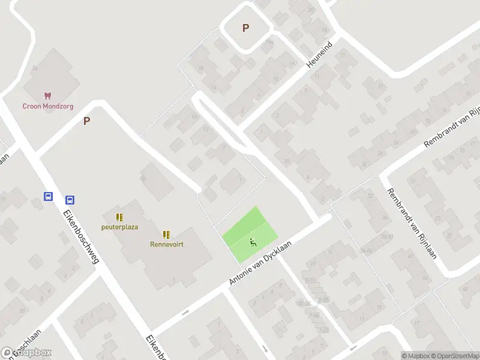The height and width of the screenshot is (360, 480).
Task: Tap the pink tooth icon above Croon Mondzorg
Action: pos(47,95)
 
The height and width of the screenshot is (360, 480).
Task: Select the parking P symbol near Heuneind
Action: pos(245,28)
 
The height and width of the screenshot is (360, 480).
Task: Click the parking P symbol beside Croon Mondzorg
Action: pos(86,121)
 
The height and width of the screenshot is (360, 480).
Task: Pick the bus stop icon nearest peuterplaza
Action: pos(70,200)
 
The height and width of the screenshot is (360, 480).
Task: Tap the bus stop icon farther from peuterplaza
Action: pos(47,196)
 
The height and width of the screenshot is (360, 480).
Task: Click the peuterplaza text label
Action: pos(119,227)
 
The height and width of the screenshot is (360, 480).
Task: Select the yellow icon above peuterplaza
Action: pos(119,217)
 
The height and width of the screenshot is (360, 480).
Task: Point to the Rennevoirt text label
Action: pos(166,244)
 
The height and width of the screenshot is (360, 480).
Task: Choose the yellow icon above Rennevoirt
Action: pos(166,234)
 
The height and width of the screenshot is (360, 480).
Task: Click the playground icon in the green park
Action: pos(253,242)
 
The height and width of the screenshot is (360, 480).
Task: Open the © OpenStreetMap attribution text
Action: pos(455,356)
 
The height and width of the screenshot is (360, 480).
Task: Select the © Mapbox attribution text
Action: pos(416,356)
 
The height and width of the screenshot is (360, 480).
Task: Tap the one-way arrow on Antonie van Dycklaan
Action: pos(185,312)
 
